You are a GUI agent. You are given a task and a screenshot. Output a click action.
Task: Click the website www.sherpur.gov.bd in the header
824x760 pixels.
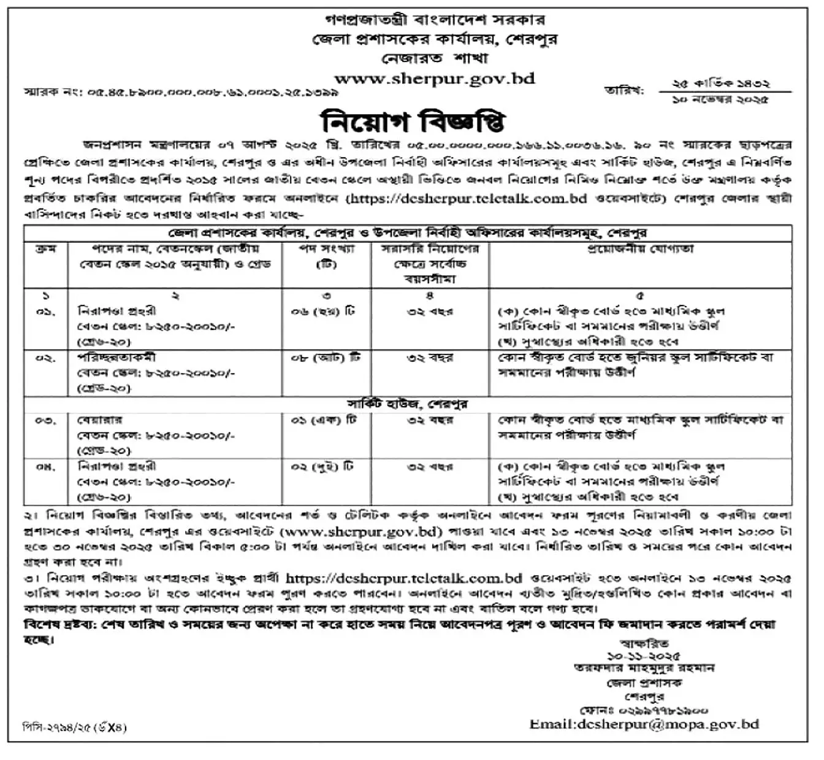434,79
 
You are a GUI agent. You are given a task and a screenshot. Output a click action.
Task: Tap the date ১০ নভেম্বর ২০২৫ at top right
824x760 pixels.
720,99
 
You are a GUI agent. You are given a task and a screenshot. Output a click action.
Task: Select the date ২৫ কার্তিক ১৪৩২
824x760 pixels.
720,83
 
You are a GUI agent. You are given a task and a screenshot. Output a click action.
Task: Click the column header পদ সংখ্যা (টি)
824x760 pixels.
326,256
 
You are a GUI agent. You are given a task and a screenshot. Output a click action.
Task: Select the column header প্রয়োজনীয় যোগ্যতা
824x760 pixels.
640,249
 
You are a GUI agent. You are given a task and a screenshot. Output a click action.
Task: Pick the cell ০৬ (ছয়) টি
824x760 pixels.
322,312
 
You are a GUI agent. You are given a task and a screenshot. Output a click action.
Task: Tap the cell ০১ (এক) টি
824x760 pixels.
324,420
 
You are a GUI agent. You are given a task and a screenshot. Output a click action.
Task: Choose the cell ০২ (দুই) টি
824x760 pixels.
322,467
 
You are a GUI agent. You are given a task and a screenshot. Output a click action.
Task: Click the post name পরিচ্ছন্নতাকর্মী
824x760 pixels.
116,358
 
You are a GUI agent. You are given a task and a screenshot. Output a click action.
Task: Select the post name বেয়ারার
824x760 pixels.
99,420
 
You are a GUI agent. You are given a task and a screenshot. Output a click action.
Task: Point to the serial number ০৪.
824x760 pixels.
45,467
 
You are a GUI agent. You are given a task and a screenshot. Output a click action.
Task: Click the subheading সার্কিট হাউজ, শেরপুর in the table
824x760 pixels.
407,404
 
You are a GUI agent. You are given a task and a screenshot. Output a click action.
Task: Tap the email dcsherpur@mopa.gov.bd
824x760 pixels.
644,724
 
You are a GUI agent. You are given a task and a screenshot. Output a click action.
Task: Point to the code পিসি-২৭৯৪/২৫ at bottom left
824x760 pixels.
58,727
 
